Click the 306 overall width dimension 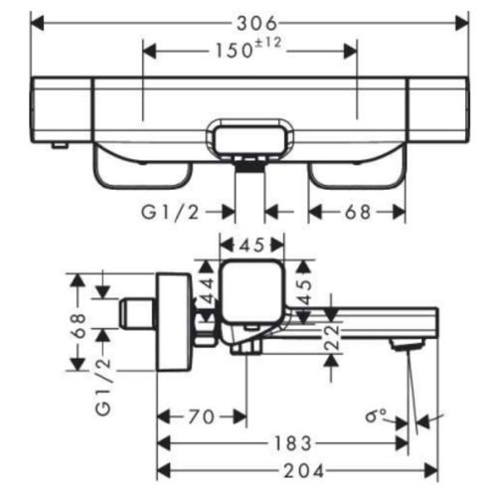[256, 23]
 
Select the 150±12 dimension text [248, 49]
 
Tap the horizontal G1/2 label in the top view [170, 212]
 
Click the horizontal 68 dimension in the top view [358, 212]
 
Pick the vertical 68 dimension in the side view [79, 326]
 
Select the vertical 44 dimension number [208, 291]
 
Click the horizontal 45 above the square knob [251, 246]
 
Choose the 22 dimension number [332, 337]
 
